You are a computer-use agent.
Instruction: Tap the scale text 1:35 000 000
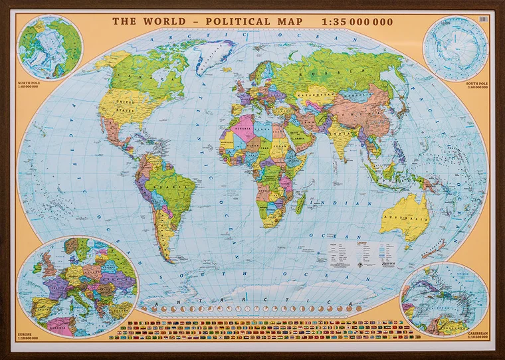pos(357,21)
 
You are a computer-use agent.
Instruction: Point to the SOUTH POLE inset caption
pos(474,84)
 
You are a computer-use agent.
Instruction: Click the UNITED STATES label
pos(123,103)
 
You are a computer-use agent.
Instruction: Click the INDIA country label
pos(340,137)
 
